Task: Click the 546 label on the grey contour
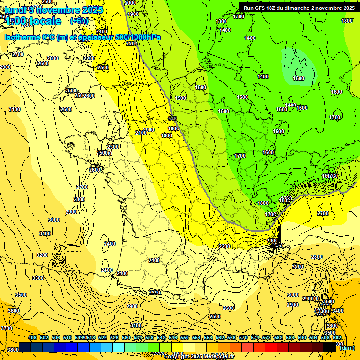coord(172,119)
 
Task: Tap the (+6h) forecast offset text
coord(79,21)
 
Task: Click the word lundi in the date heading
coord(15,9)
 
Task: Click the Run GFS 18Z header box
coord(299,8)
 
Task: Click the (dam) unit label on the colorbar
coord(347,347)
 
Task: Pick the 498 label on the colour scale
coord(32,337)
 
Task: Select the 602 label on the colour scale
coord(337,337)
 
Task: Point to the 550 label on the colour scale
coord(185,337)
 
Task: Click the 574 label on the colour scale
coord(255,337)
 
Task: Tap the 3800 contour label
coord(13,349)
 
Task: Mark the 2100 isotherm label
coord(141,133)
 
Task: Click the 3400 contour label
coord(337,311)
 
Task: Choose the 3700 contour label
coord(7,328)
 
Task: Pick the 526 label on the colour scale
coord(114,337)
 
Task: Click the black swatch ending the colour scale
coord(330,347)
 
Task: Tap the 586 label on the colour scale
coord(290,337)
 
